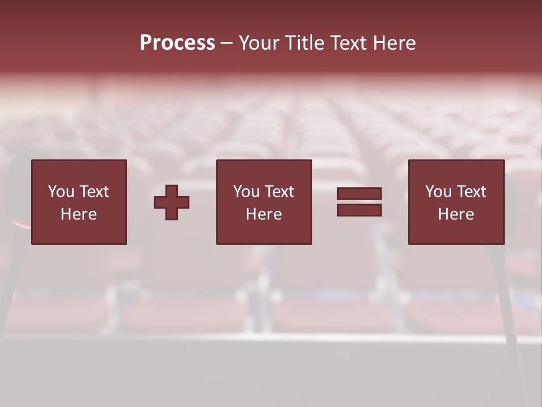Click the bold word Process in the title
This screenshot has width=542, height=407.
tap(177, 43)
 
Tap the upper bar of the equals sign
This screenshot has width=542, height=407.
tap(359, 194)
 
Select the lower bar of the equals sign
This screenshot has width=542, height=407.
tap(359, 210)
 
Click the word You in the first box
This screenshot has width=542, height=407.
tap(61, 192)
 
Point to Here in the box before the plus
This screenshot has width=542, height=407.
tap(79, 214)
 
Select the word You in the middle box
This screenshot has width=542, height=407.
tap(246, 192)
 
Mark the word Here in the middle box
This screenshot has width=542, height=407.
tap(264, 214)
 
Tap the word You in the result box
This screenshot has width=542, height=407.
tap(438, 192)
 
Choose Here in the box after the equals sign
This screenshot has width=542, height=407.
tap(456, 214)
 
